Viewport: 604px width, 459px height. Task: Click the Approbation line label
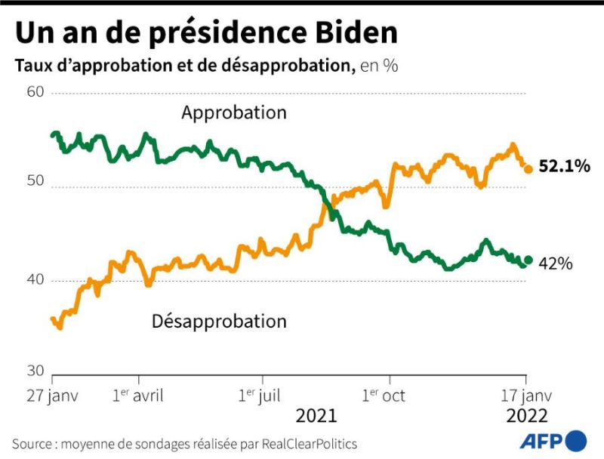click(234, 113)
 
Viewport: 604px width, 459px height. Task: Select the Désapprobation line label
click(219, 321)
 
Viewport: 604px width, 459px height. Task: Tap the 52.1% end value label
click(564, 167)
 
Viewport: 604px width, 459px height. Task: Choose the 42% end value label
click(556, 263)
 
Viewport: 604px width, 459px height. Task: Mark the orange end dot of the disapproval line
click(528, 169)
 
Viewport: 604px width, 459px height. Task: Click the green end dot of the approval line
click(528, 260)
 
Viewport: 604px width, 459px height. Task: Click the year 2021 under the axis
click(316, 416)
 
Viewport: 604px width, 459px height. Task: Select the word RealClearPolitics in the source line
click(310, 443)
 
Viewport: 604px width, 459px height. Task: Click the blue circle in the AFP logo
click(575, 440)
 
